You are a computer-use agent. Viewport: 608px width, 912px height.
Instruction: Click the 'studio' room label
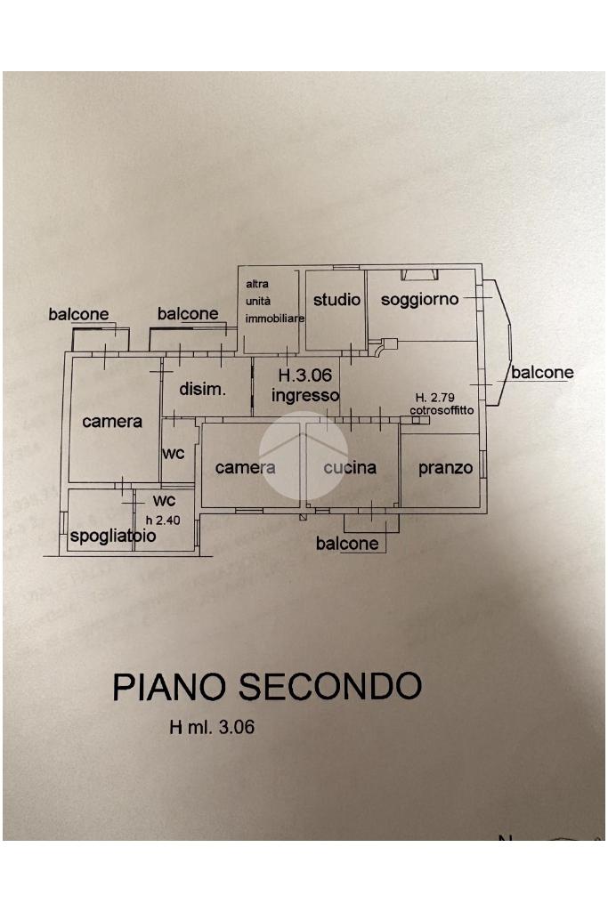point(336,300)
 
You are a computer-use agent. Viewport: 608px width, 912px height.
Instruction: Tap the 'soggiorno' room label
point(419,300)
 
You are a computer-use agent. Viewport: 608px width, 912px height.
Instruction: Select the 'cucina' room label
point(350,467)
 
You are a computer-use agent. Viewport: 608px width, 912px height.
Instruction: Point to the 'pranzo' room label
point(446,467)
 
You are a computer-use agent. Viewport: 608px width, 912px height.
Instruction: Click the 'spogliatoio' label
point(113,537)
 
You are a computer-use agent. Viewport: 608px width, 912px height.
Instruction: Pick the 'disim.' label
point(202,389)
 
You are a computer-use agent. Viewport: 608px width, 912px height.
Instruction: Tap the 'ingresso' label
point(305,395)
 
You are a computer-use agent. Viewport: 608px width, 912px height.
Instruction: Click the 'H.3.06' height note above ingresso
point(305,376)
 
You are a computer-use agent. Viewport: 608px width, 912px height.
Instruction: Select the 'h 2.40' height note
point(163,519)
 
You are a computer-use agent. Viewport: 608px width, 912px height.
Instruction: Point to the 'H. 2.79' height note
point(433,398)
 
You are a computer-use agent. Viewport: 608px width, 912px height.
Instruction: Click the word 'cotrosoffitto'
point(442,410)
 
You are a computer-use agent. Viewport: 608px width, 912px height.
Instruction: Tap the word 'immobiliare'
point(275,318)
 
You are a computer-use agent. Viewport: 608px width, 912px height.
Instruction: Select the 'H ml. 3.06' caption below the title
point(212,728)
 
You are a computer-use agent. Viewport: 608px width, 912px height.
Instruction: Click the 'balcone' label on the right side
point(542,373)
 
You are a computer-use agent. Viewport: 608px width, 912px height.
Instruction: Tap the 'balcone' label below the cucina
point(347,544)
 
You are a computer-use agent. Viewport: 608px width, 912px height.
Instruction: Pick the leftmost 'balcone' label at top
point(78,314)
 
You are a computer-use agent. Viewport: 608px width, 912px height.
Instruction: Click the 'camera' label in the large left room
point(112,421)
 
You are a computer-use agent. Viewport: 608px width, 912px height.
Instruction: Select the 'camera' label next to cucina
point(246,467)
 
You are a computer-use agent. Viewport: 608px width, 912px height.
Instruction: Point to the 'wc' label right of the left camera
point(174,454)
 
